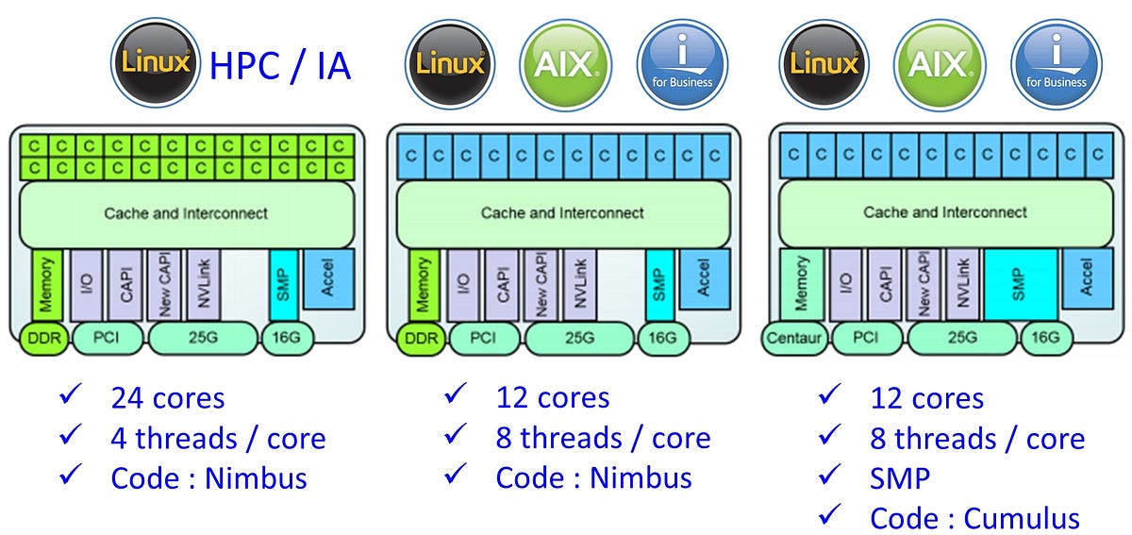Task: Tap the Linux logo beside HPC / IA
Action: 156,63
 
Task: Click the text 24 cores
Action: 168,398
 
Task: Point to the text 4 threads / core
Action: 218,439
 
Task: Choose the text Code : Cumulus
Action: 974,518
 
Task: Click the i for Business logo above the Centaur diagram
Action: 1057,63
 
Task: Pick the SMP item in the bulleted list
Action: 900,478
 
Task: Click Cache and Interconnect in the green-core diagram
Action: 186,213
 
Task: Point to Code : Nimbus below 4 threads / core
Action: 208,478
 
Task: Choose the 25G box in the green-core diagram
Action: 202,337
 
